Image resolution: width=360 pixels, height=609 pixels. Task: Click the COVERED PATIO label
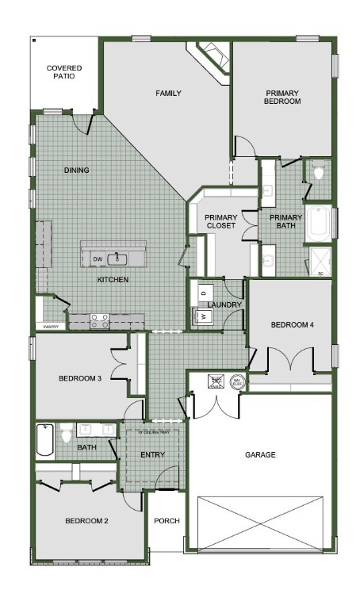(x=63, y=72)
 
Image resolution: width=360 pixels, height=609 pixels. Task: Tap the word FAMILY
(x=168, y=94)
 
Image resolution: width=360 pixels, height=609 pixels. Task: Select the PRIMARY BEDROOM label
(x=283, y=97)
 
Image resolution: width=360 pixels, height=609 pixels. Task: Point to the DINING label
(x=76, y=170)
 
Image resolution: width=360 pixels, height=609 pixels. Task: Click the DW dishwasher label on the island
(x=98, y=259)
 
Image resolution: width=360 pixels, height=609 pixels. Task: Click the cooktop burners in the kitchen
(x=101, y=321)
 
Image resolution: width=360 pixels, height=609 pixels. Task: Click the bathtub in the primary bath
(x=320, y=224)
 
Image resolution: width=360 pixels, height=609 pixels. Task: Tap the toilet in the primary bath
(x=319, y=171)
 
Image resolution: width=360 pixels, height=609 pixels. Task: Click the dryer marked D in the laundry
(x=203, y=293)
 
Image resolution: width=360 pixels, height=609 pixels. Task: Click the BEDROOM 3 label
(x=80, y=378)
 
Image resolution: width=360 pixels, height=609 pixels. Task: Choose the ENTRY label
(x=152, y=455)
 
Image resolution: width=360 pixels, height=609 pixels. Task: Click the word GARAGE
(x=260, y=455)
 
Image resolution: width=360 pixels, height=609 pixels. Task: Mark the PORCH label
(x=167, y=521)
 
